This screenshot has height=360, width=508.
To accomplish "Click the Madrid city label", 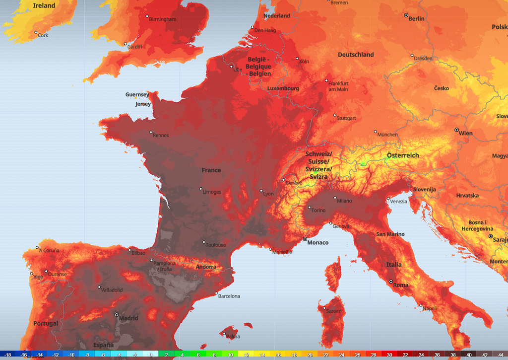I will click(x=128, y=318).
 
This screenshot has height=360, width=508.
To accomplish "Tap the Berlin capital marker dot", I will click(x=406, y=16).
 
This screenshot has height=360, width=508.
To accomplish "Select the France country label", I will click(x=211, y=170).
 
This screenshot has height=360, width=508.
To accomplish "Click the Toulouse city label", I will click(x=216, y=245).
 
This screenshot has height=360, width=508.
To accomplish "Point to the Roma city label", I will click(x=400, y=285).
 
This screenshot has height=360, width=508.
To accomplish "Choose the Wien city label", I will click(x=465, y=133).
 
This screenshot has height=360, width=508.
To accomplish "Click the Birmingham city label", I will click(x=163, y=19).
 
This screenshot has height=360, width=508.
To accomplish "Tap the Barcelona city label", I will click(x=229, y=296).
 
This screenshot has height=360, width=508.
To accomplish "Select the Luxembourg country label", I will click(x=283, y=88).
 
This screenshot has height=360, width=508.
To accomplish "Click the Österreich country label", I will click(x=403, y=155).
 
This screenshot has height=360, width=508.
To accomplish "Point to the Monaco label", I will click(x=317, y=243).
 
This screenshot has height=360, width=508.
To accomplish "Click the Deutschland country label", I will click(x=356, y=55).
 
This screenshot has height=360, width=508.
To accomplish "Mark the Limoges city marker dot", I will click(x=201, y=189).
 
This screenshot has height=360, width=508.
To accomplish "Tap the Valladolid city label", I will click(x=112, y=290).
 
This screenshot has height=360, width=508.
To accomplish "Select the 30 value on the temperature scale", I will click(x=389, y=355).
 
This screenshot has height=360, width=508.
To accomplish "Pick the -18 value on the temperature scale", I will click(x=8, y=355).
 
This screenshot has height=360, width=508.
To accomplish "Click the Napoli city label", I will click(x=430, y=308).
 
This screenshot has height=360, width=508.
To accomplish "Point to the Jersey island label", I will click(x=143, y=104).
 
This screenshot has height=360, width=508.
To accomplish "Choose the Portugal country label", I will click(x=46, y=324).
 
